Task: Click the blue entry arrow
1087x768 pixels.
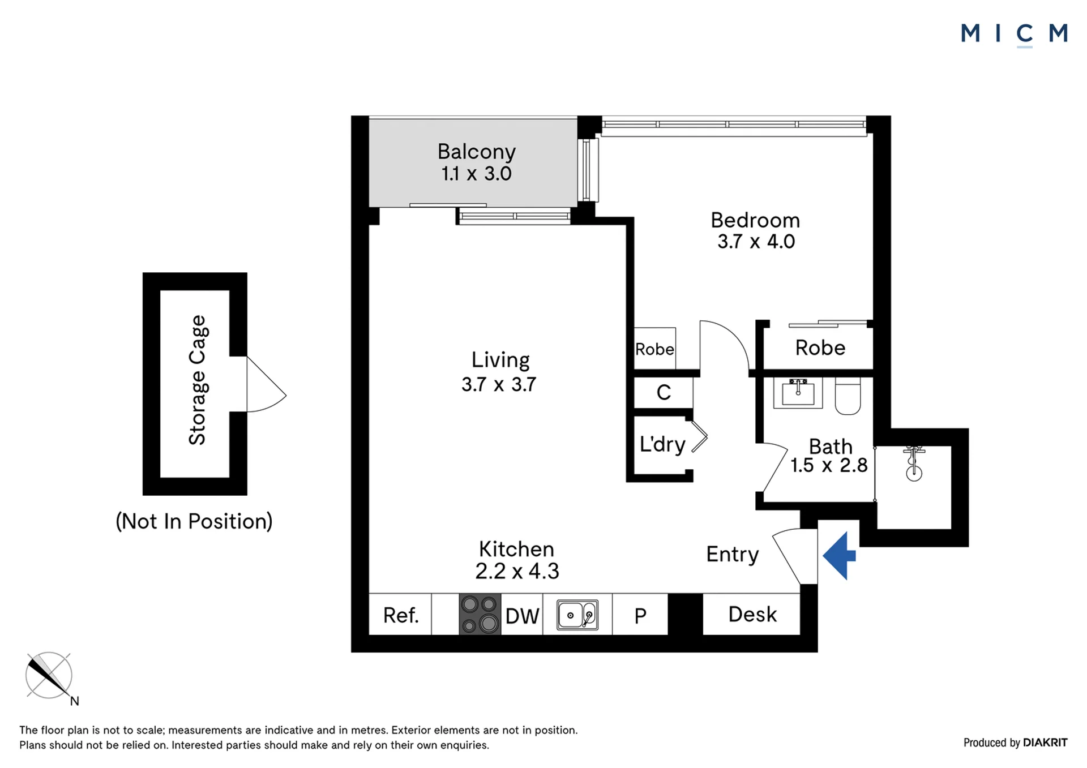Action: (x=839, y=555)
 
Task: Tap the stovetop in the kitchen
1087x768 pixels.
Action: (x=480, y=614)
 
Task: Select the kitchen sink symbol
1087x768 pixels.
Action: (x=577, y=615)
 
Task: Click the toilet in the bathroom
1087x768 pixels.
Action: (x=848, y=396)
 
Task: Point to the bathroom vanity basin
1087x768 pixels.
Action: (x=798, y=393)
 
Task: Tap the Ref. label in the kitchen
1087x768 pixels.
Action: (x=401, y=615)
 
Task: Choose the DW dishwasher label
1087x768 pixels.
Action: (x=522, y=616)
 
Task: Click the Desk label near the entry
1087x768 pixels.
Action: (x=752, y=614)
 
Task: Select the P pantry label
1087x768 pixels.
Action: (x=640, y=616)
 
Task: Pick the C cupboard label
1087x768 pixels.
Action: (x=664, y=392)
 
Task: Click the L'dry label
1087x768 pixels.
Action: (x=662, y=444)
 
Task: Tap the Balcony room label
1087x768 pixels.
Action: (x=477, y=152)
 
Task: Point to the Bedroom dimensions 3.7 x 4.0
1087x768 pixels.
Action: (x=756, y=242)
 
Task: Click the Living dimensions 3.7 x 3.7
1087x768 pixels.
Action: (x=499, y=385)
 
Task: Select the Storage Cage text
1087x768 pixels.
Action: (x=198, y=380)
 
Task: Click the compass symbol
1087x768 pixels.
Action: (x=49, y=676)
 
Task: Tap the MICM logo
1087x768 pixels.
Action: (x=1015, y=34)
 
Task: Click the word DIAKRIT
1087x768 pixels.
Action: (x=1045, y=743)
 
